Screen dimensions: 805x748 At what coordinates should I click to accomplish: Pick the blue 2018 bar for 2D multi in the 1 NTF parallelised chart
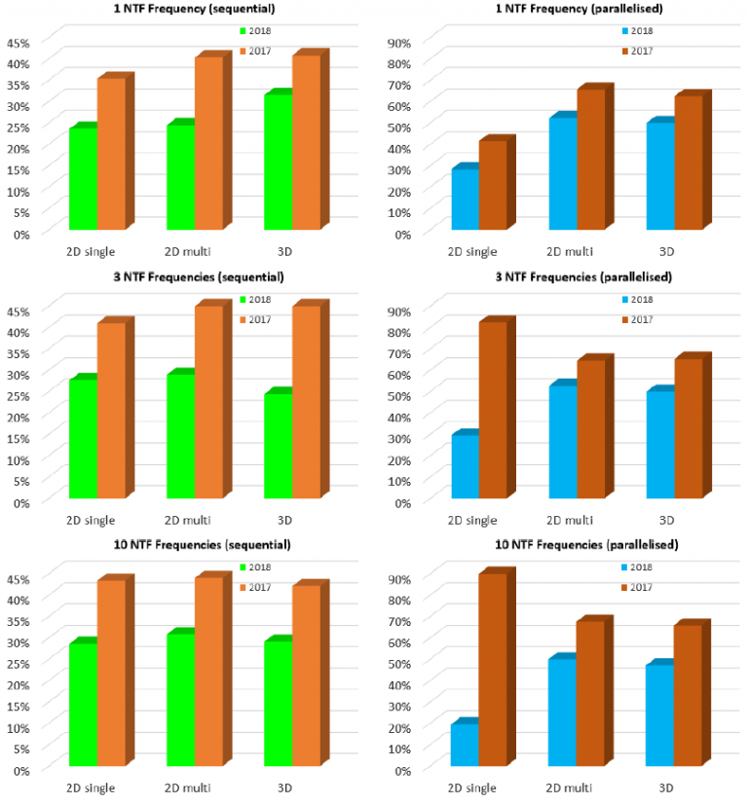tap(562, 173)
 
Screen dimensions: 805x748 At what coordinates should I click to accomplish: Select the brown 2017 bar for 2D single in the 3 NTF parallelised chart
tap(493, 409)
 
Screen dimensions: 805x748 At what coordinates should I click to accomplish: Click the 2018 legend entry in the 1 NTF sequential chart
tap(257, 31)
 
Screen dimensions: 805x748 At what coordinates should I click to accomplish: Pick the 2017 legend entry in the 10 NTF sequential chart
tap(257, 587)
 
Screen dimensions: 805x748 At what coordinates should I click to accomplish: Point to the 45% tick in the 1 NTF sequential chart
tap(19, 43)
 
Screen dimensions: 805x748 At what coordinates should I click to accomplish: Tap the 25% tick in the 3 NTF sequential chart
tap(19, 396)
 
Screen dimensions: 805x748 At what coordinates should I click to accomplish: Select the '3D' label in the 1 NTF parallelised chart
tap(667, 252)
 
